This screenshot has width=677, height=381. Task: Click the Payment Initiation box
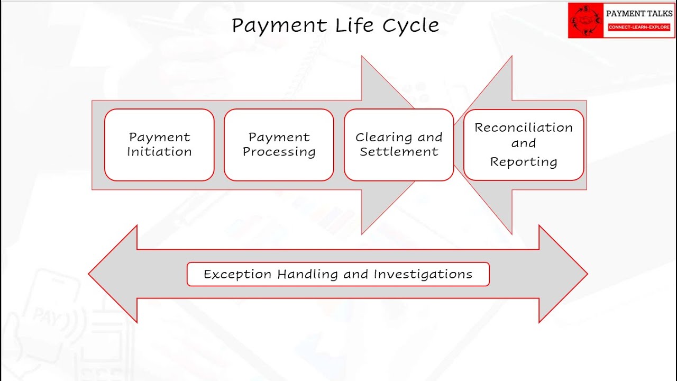click(159, 144)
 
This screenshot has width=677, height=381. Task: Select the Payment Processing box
click(279, 144)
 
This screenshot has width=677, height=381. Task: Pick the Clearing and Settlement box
click(399, 144)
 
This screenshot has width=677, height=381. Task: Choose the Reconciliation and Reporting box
click(524, 144)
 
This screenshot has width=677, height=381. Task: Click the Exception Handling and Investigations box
click(338, 274)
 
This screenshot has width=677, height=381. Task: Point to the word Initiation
click(159, 152)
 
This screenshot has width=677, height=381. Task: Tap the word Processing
click(279, 152)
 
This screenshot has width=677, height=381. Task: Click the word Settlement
click(399, 152)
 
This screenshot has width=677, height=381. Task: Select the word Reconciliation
click(524, 128)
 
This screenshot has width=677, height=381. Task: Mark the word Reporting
click(524, 162)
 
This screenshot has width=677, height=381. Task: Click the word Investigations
click(423, 274)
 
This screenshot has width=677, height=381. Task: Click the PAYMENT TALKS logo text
click(639, 14)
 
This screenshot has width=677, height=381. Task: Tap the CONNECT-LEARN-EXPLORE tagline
click(639, 27)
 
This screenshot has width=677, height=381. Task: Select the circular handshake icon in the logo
click(585, 21)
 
